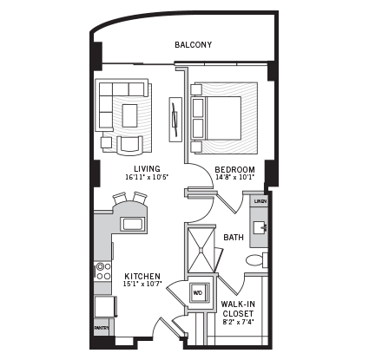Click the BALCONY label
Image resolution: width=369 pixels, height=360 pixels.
pyautogui.click(x=193, y=45)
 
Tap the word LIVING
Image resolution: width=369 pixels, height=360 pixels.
pyautogui.click(x=146, y=168)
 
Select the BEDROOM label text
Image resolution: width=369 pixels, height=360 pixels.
pyautogui.click(x=234, y=169)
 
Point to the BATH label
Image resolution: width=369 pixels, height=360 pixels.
pyautogui.click(x=234, y=237)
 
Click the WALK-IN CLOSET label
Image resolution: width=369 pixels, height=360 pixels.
pyautogui.click(x=237, y=309)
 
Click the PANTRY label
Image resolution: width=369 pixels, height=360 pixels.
pyautogui.click(x=102, y=328)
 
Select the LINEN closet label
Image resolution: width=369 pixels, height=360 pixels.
pyautogui.click(x=260, y=201)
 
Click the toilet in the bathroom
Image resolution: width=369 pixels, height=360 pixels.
pyautogui.click(x=256, y=259)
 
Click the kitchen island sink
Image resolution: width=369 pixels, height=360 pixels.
pyautogui.click(x=133, y=224)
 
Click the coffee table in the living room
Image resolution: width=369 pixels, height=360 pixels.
pyautogui.click(x=130, y=115)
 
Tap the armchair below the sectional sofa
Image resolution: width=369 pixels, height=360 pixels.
pyautogui.click(x=131, y=143)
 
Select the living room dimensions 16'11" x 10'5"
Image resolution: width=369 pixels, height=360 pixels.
pyautogui.click(x=146, y=178)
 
